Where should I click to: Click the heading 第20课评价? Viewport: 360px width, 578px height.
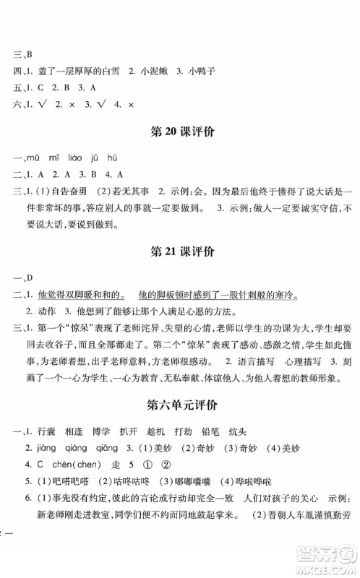181,132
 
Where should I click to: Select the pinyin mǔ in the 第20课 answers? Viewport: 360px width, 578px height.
31,158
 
